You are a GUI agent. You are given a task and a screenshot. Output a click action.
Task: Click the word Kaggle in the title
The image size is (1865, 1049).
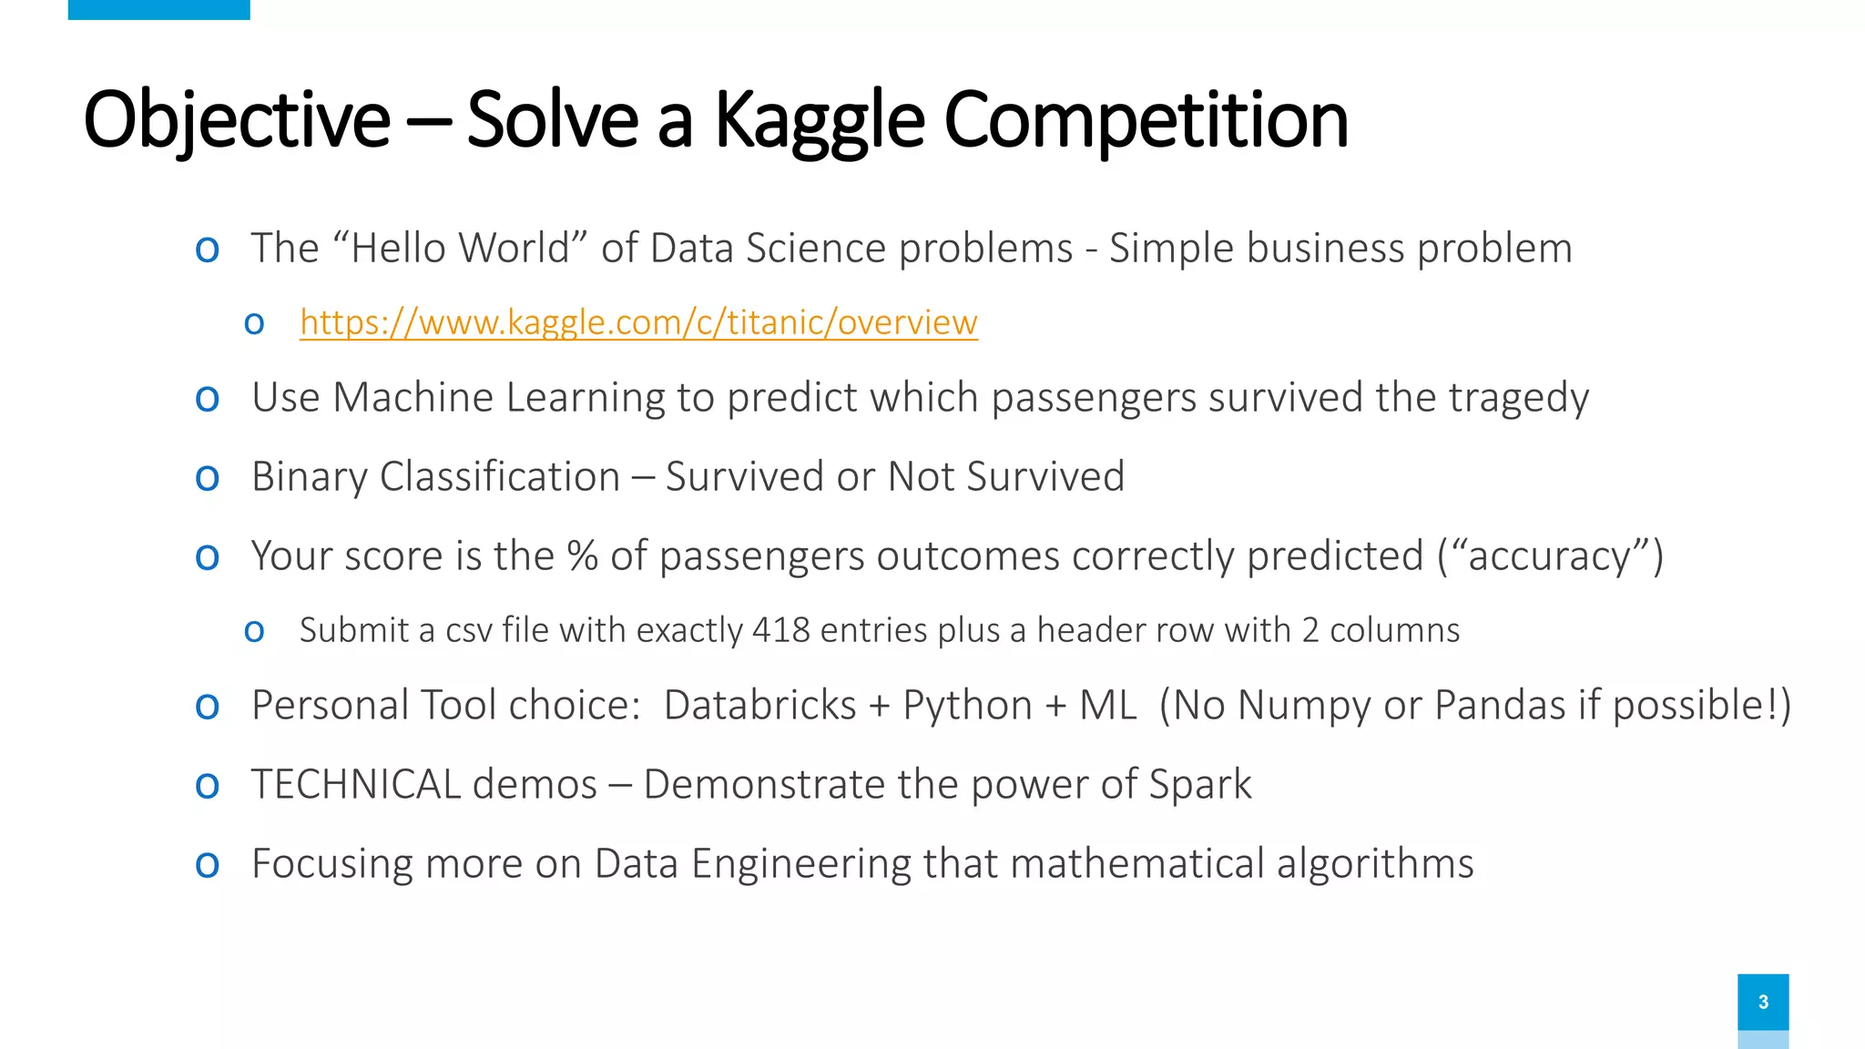click(820, 120)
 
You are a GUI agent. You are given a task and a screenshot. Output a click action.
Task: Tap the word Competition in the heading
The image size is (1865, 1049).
click(1146, 120)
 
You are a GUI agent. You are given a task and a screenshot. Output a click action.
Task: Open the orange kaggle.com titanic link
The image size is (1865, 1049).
click(638, 322)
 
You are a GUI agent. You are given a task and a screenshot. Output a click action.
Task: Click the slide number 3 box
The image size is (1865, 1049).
click(1763, 1002)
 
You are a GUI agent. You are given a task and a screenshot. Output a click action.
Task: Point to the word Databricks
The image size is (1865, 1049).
click(760, 706)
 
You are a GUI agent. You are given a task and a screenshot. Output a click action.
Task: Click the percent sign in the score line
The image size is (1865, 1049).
click(582, 556)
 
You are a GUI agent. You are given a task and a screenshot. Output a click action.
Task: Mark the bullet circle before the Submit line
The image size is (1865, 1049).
click(254, 631)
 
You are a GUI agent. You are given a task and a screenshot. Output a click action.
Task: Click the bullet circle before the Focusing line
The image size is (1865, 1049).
click(208, 865)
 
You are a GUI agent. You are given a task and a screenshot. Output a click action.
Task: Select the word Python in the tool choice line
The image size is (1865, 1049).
click(967, 706)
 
